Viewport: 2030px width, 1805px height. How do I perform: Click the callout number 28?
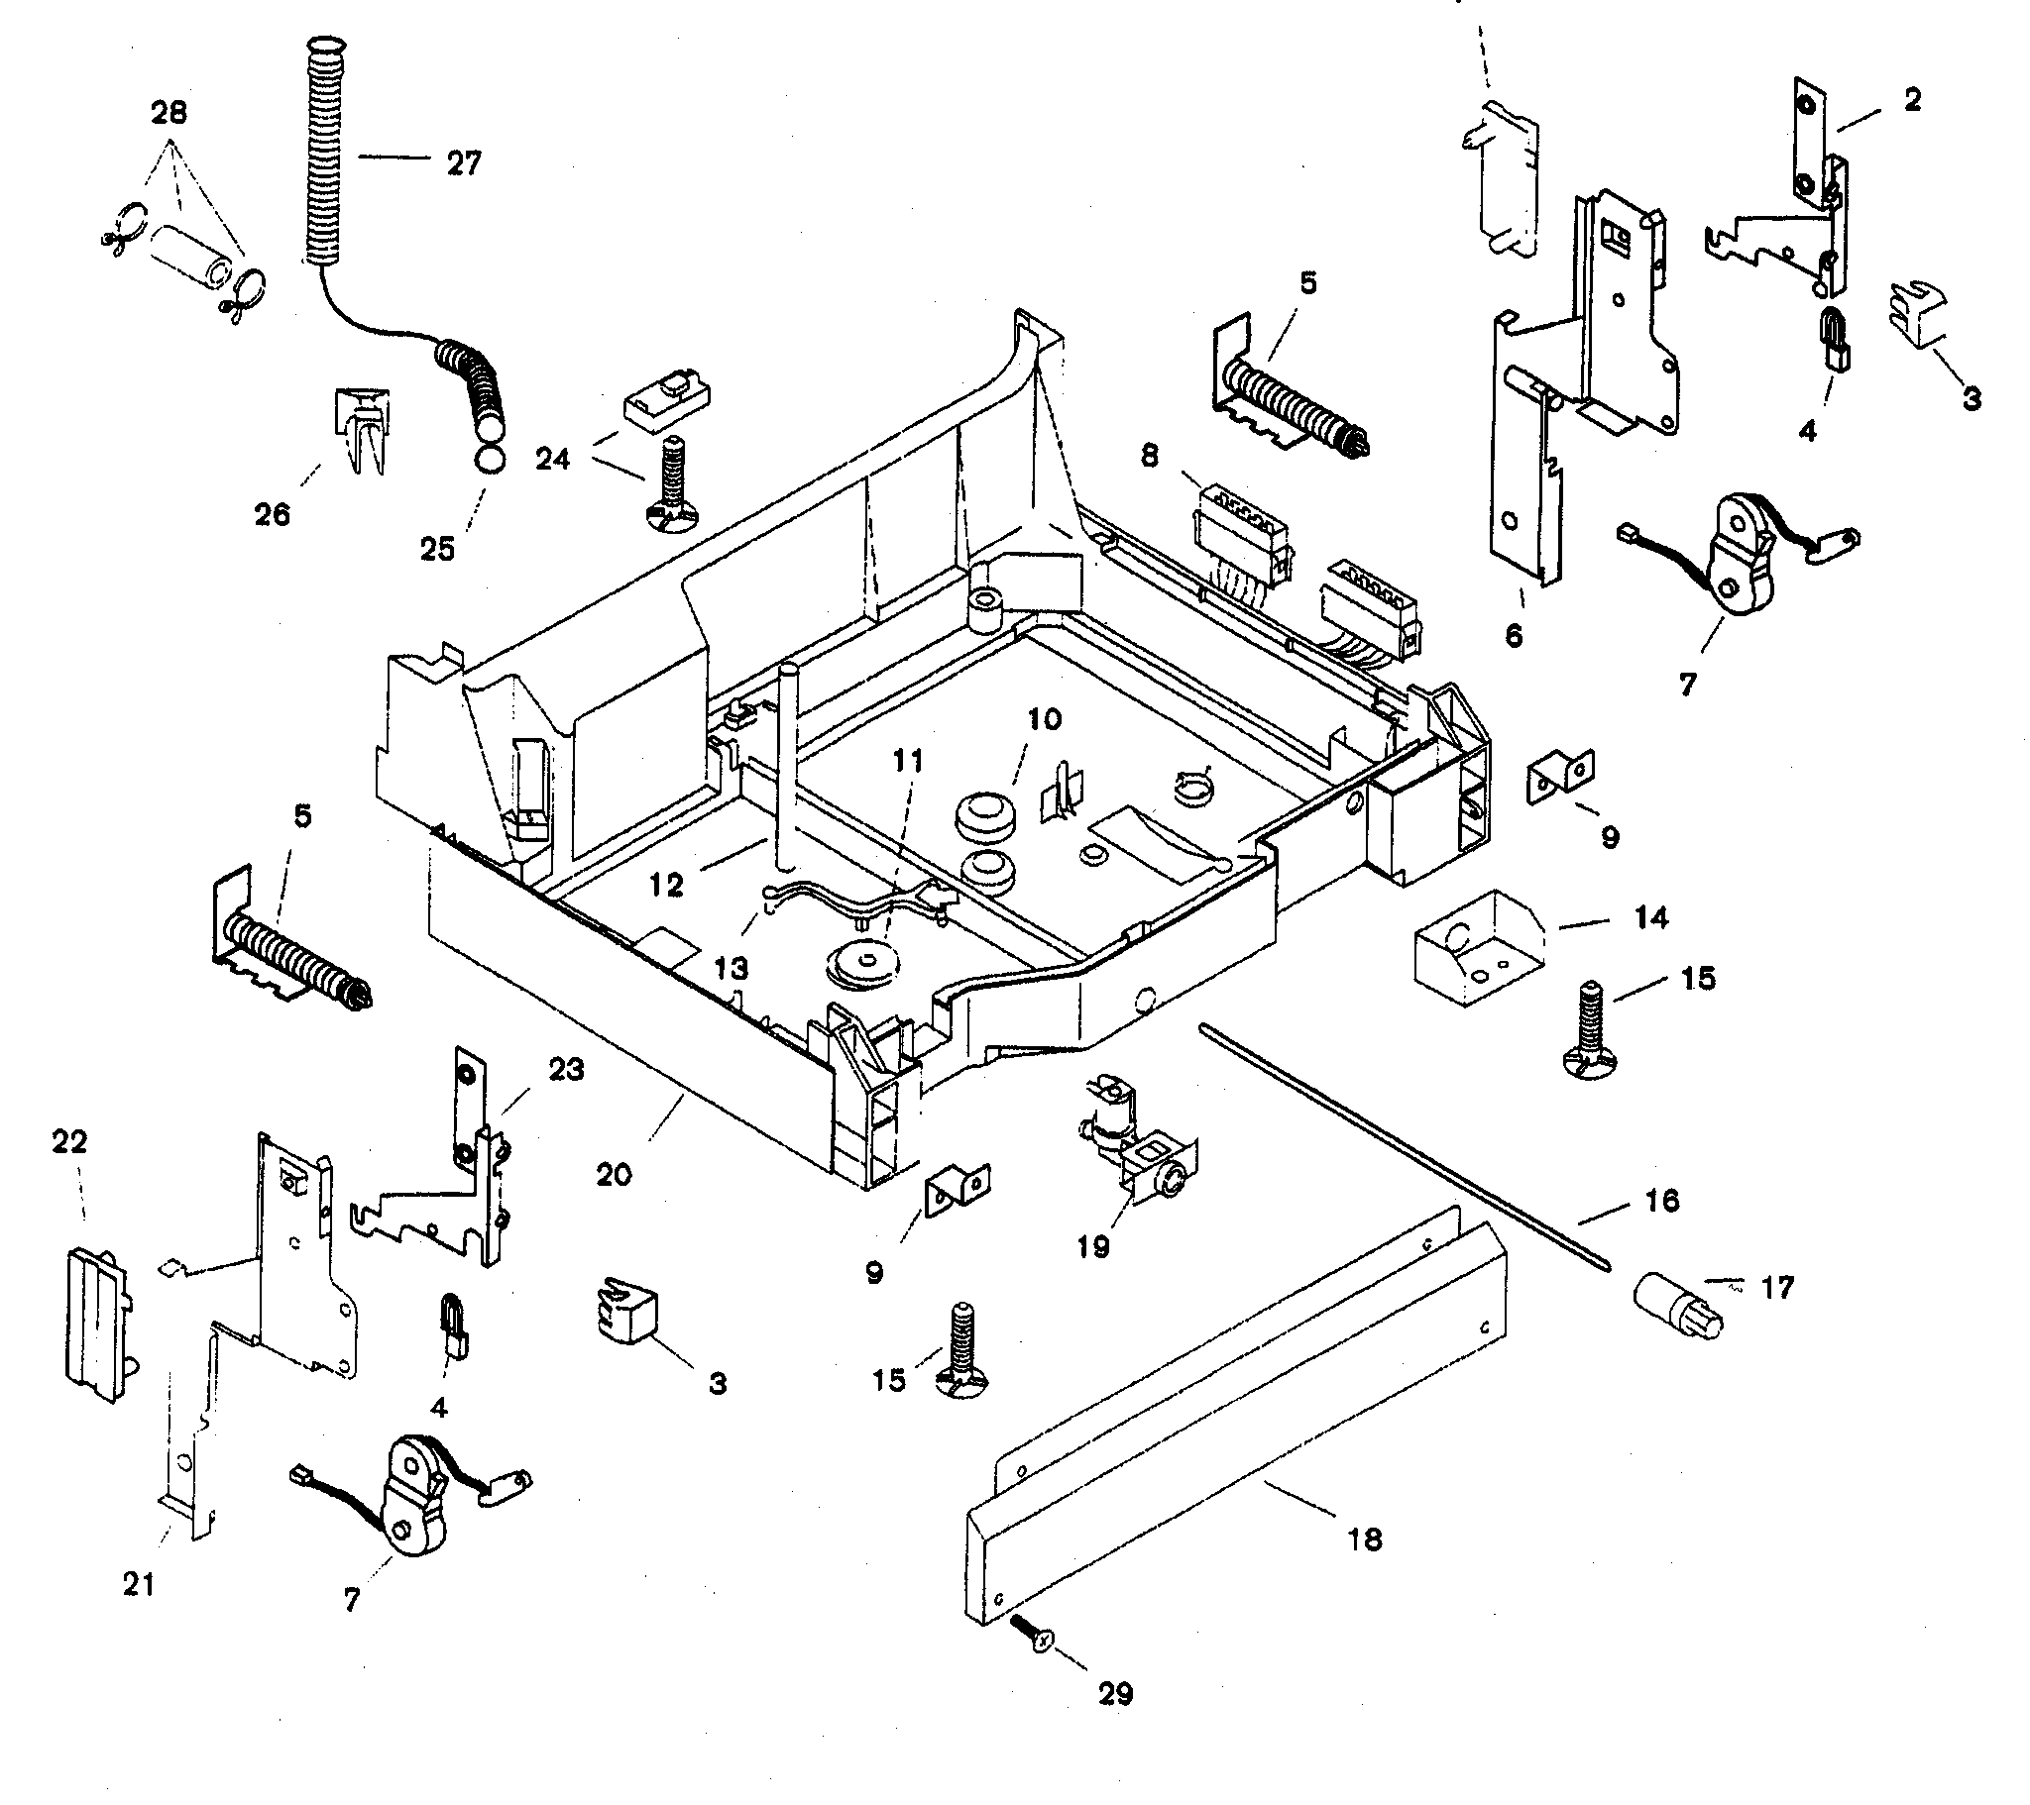coord(168,112)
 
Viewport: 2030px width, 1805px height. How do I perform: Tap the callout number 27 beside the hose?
coord(463,163)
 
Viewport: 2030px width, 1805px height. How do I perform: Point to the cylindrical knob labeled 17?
coord(1676,1304)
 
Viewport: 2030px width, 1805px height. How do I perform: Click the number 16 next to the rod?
coord(1661,1201)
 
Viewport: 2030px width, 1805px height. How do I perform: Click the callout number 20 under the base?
coord(614,1175)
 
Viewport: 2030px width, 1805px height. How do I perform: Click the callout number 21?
coord(139,1585)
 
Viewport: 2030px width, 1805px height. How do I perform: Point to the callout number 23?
coord(566,1070)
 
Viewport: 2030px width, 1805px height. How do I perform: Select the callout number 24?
coord(553,459)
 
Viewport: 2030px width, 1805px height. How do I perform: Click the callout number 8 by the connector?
coord(1149,456)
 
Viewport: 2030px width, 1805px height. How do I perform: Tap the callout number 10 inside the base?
coord(1044,719)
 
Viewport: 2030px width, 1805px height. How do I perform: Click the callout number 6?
coord(1514,635)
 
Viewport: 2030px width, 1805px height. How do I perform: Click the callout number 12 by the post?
coord(665,885)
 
